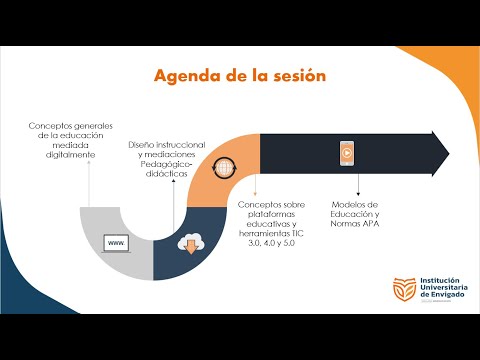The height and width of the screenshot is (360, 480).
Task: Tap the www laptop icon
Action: coord(117,244)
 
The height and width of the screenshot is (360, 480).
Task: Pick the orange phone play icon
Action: coord(346,153)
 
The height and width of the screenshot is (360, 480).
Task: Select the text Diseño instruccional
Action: coord(167,146)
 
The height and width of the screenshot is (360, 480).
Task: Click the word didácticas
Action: coord(167,174)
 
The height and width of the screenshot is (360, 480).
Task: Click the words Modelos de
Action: coord(355,205)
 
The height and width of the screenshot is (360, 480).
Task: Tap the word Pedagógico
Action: coord(165,165)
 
